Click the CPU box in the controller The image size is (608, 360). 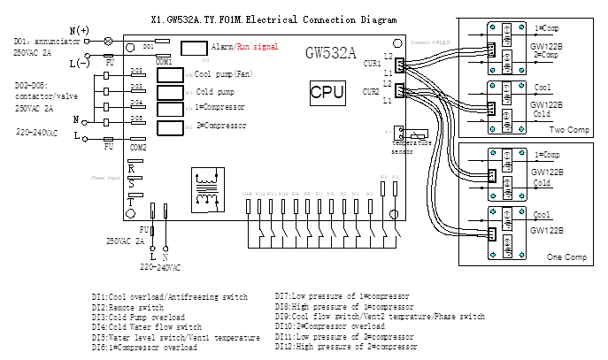pyautogui.click(x=328, y=91)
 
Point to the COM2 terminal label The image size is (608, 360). pyautogui.click(x=138, y=148)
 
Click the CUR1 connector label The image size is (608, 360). pyautogui.click(x=372, y=64)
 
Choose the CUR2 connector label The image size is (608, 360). pyautogui.click(x=372, y=91)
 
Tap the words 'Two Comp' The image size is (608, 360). pyautogui.click(x=569, y=129)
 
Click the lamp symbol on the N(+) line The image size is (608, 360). pyautogui.click(x=108, y=41)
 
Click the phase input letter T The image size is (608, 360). pyautogui.click(x=132, y=202)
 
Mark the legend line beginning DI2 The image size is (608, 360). pyautogui.click(x=129, y=306)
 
